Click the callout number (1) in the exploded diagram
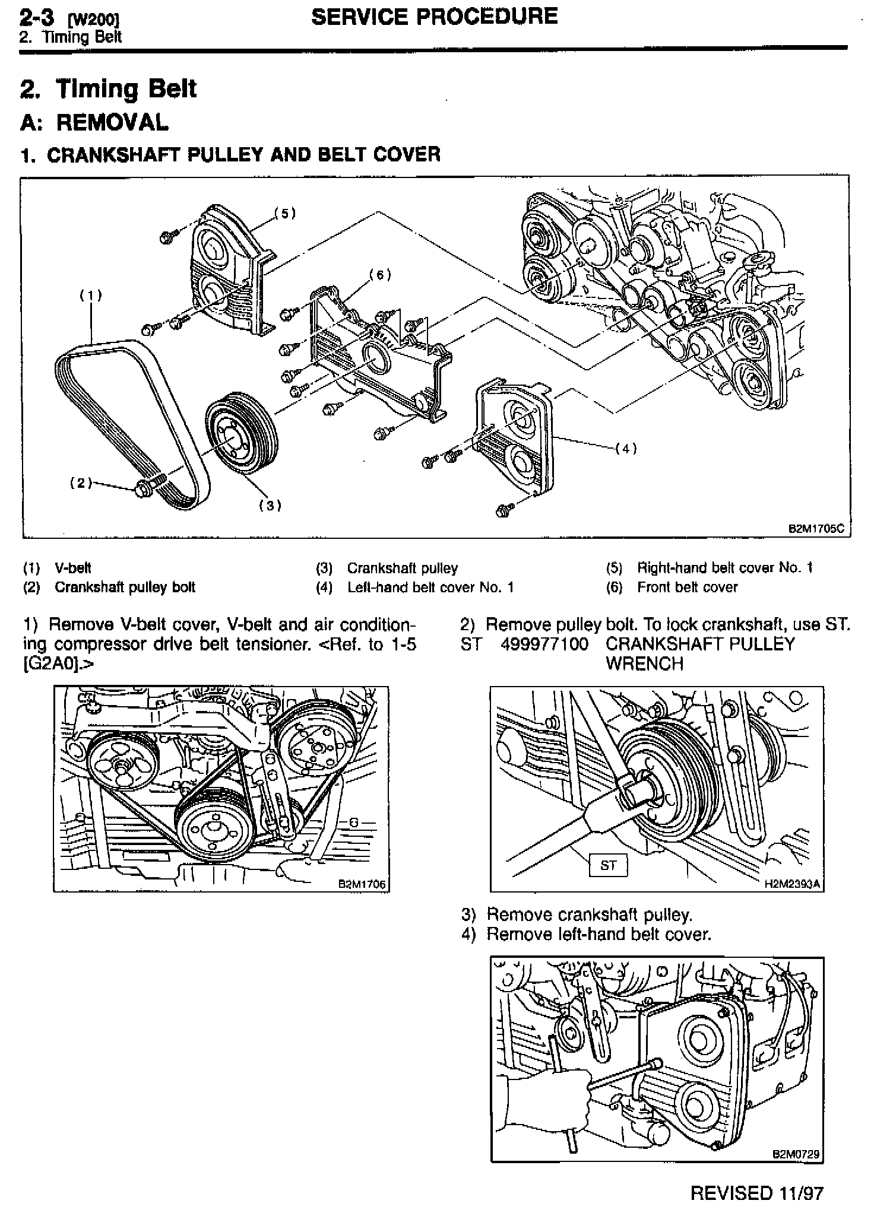91,295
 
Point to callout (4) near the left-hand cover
625,449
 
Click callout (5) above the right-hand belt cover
285,213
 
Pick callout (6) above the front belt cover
380,274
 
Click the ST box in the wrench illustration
607,865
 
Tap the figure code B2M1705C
816,529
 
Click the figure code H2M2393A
792,884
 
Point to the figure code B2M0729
796,1154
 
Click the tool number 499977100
544,644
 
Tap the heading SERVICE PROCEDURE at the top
434,16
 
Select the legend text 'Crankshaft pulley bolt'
125,588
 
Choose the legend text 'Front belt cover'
687,588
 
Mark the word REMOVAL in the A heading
112,122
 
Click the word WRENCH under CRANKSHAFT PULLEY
644,663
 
